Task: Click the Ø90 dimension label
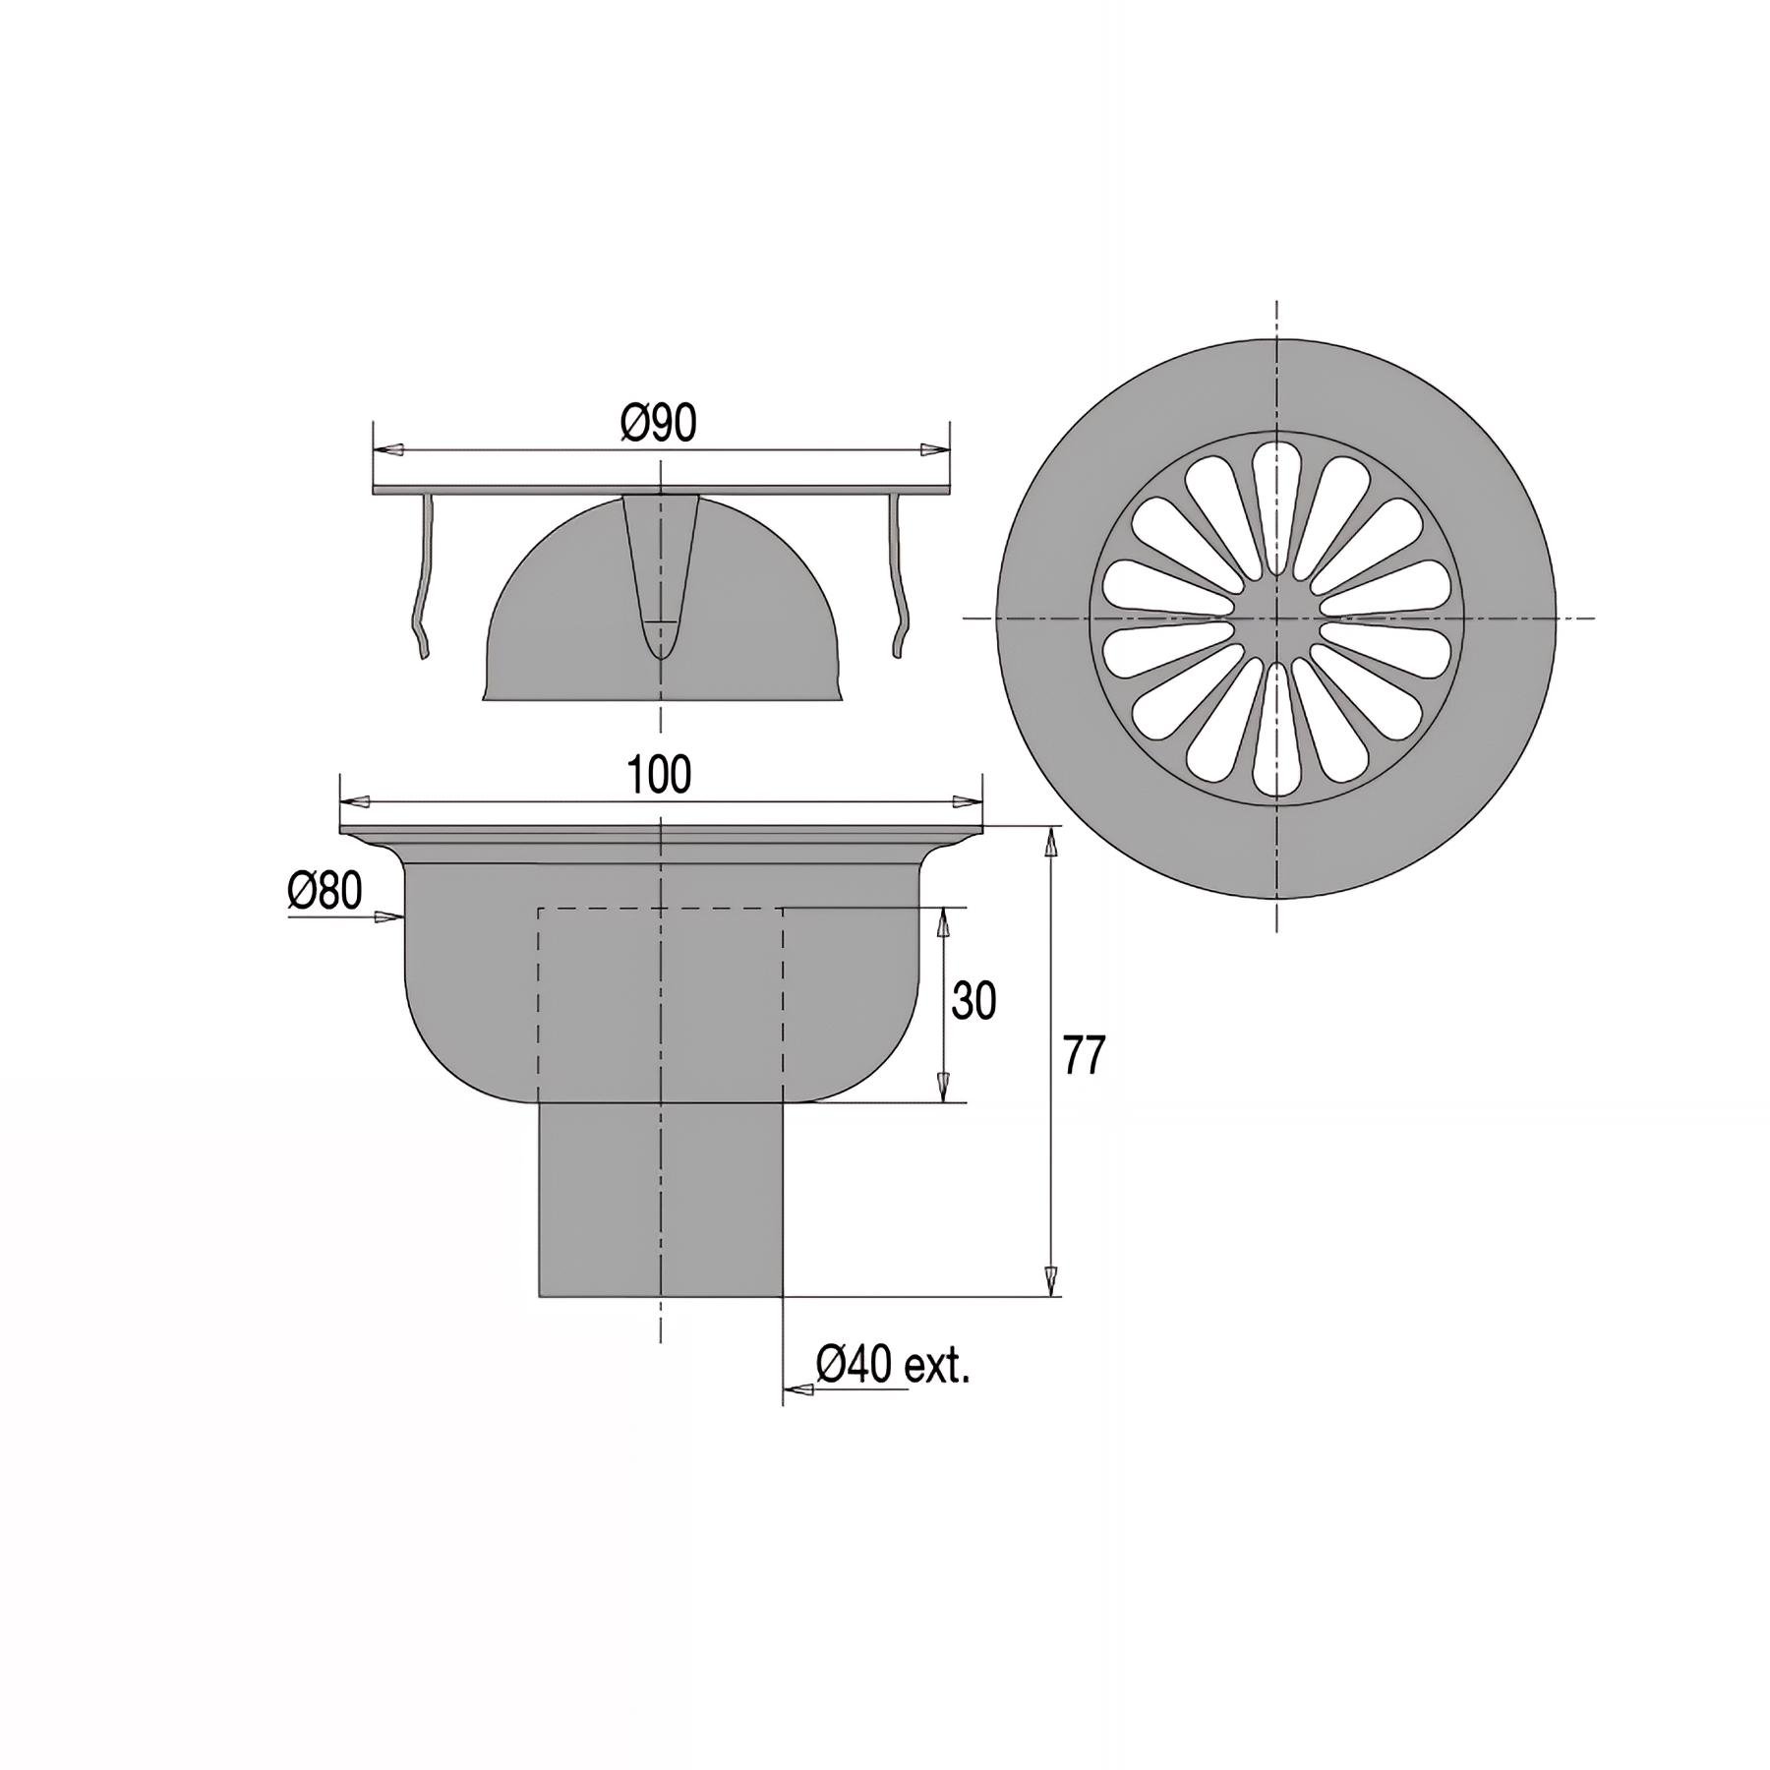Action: (659, 424)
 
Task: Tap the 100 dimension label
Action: (660, 776)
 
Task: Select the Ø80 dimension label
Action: (324, 892)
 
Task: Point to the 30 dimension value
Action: (973, 1001)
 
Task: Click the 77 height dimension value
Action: (1085, 1056)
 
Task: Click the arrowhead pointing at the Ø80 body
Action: (391, 917)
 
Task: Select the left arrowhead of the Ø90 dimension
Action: (390, 450)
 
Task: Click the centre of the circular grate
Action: (1276, 619)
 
